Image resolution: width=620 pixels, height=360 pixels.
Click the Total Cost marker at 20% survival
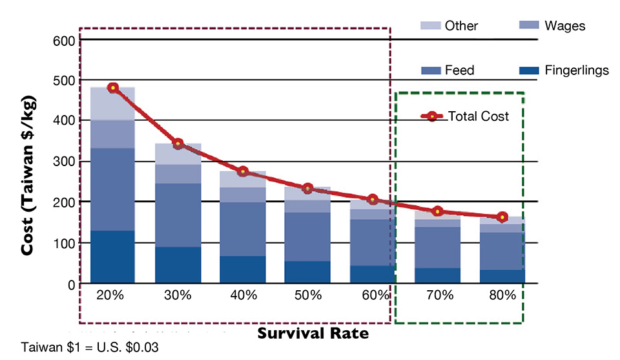click(x=113, y=88)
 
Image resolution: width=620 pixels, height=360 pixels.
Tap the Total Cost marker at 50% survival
click(x=308, y=189)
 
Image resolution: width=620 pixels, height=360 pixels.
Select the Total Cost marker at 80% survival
click(x=502, y=217)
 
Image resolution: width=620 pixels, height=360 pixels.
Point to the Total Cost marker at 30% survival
click(x=178, y=144)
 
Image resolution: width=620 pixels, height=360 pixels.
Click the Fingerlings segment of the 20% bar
click(x=113, y=257)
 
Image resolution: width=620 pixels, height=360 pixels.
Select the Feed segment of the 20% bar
click(x=113, y=189)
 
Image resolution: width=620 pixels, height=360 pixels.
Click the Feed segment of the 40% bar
click(x=243, y=229)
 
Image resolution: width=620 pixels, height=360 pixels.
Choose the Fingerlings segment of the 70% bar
click(x=438, y=275)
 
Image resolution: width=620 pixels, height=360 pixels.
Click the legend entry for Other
click(x=449, y=26)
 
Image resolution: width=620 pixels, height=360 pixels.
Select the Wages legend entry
click(x=552, y=26)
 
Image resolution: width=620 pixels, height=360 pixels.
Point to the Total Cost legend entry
click(x=465, y=117)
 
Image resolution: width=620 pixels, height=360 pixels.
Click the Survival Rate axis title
click(x=313, y=334)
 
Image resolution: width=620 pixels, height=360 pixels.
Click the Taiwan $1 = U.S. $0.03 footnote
click(x=90, y=348)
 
